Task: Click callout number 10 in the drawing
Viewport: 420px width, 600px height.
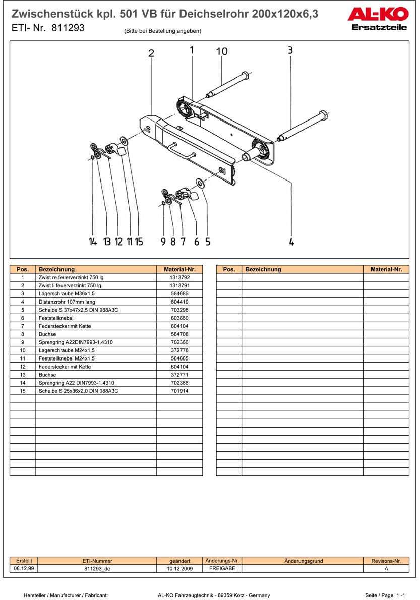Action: pos(222,51)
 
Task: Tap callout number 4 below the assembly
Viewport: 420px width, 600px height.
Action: pos(291,242)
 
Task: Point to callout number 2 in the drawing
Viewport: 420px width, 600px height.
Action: pos(151,54)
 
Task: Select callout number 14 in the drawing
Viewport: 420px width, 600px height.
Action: pos(93,242)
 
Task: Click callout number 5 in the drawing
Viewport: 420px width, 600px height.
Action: pos(208,242)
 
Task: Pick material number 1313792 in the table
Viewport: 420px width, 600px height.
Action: pos(179,277)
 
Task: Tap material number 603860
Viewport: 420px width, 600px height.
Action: pos(179,318)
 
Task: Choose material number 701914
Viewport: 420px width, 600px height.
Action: pos(179,391)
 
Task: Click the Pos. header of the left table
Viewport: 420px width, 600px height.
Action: pos(23,269)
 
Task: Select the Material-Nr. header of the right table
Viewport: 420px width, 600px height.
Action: pos(386,269)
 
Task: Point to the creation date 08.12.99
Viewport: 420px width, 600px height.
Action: pos(24,568)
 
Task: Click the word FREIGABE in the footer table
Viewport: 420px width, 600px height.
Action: pos(222,568)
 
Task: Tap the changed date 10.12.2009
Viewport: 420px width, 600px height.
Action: pos(180,568)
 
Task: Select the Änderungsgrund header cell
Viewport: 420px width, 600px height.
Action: pos(304,561)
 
